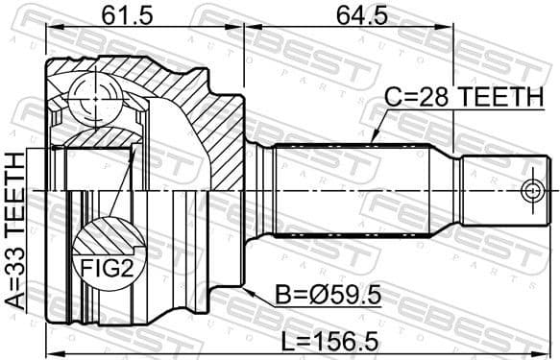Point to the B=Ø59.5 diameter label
(x=330, y=296)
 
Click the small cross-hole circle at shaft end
(x=531, y=189)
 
